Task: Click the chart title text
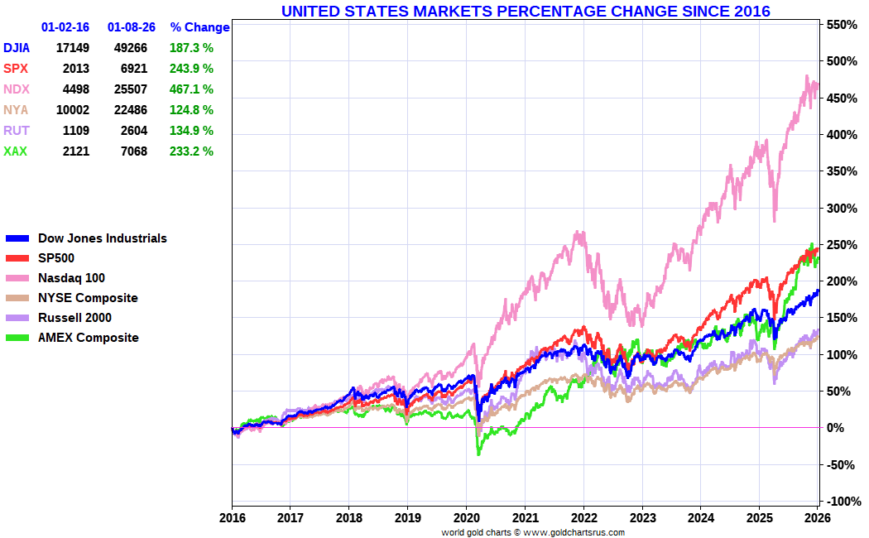point(526,11)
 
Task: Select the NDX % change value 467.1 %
point(192,89)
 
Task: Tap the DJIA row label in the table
point(18,48)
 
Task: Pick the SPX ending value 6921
point(132,69)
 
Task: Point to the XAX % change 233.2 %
point(192,151)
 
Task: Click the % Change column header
point(199,27)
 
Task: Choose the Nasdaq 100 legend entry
point(71,278)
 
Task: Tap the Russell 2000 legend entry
point(74,318)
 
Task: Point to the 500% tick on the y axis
point(838,62)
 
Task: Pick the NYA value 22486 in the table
point(132,110)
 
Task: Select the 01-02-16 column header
point(65,27)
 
